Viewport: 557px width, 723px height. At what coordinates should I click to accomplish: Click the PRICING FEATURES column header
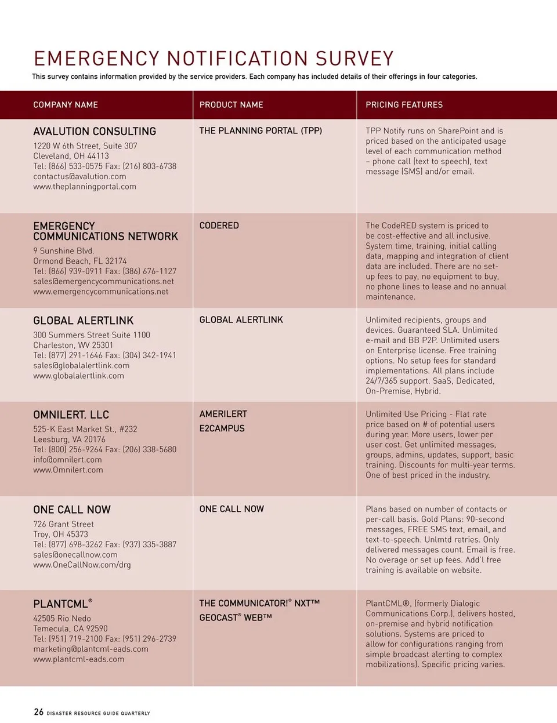[404, 105]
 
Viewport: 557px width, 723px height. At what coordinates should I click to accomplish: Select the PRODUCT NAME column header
[231, 105]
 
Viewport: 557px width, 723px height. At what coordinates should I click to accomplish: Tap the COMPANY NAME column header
[66, 105]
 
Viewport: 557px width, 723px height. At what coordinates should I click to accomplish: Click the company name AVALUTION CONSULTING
[95, 132]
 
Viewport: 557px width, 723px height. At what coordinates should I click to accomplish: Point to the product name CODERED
[219, 226]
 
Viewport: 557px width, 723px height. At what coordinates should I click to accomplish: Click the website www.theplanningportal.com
[85, 187]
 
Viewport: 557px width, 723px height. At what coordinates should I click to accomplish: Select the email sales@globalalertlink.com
[81, 366]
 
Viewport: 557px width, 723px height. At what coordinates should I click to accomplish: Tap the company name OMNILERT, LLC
[71, 415]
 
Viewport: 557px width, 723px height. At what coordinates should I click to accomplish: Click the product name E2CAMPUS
[222, 428]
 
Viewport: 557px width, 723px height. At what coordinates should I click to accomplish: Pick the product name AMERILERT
[223, 414]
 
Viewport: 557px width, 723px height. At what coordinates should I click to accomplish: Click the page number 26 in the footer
[38, 712]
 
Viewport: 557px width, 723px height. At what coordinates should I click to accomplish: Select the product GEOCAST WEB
[236, 618]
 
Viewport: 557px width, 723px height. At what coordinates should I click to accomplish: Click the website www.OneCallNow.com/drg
[82, 565]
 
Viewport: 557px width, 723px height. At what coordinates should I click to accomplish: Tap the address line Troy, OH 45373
[60, 534]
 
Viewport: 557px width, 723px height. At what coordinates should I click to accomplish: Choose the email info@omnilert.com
[67, 460]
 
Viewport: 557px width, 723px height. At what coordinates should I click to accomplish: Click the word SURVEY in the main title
[355, 59]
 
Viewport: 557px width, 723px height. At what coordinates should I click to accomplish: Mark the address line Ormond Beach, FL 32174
[79, 261]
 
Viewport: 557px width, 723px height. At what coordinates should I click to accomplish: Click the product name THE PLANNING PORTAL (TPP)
[261, 131]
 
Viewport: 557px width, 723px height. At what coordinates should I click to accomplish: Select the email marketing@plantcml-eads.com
[91, 649]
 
